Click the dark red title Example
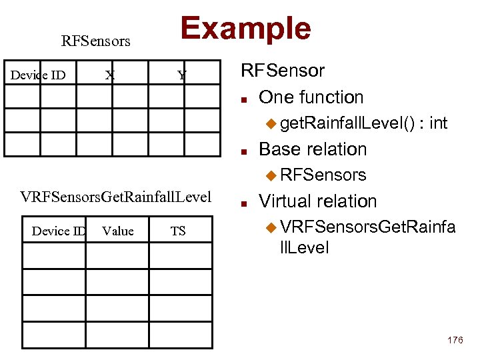[245, 28]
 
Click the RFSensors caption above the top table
[96, 41]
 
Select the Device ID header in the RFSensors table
[38, 75]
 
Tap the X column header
[110, 75]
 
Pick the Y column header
[181, 75]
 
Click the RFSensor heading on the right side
[282, 71]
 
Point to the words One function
[311, 97]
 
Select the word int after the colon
[439, 123]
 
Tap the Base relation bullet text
[313, 149]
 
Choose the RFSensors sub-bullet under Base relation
[323, 175]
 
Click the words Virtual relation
[317, 201]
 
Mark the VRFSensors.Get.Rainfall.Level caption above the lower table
[116, 197]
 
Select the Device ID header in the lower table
[59, 231]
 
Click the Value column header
[118, 231]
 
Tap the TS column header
[178, 231]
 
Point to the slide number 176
[455, 341]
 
